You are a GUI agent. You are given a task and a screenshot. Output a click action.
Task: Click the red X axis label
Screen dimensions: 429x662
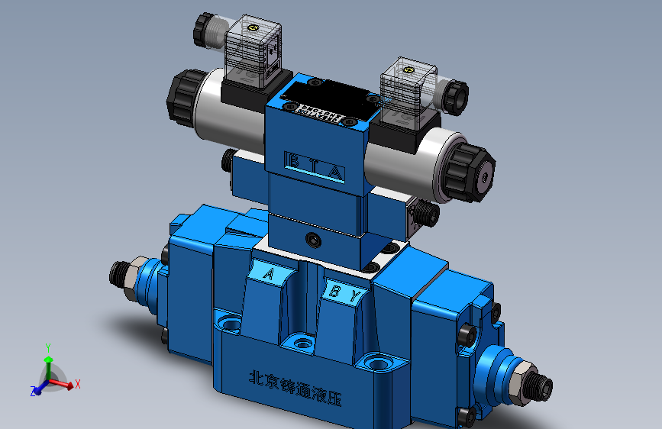point(78,384)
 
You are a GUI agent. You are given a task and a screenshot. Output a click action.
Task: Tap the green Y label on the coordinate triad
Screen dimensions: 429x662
point(48,347)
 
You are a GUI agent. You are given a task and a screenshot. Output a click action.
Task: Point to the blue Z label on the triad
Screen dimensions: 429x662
point(34,392)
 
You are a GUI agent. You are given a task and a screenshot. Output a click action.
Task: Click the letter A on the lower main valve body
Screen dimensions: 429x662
point(269,273)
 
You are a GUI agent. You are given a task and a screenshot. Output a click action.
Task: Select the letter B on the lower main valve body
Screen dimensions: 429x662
point(334,290)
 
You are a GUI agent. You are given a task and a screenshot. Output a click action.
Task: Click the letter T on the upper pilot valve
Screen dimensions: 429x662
point(312,165)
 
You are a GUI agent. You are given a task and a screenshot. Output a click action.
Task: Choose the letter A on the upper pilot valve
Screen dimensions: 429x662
point(335,171)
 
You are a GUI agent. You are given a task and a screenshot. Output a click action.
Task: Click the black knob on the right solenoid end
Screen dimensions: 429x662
point(471,173)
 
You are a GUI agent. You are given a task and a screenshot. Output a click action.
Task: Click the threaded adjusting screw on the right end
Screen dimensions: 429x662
point(538,386)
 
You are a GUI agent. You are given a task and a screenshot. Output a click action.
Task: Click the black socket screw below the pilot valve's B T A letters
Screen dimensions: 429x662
point(314,240)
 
